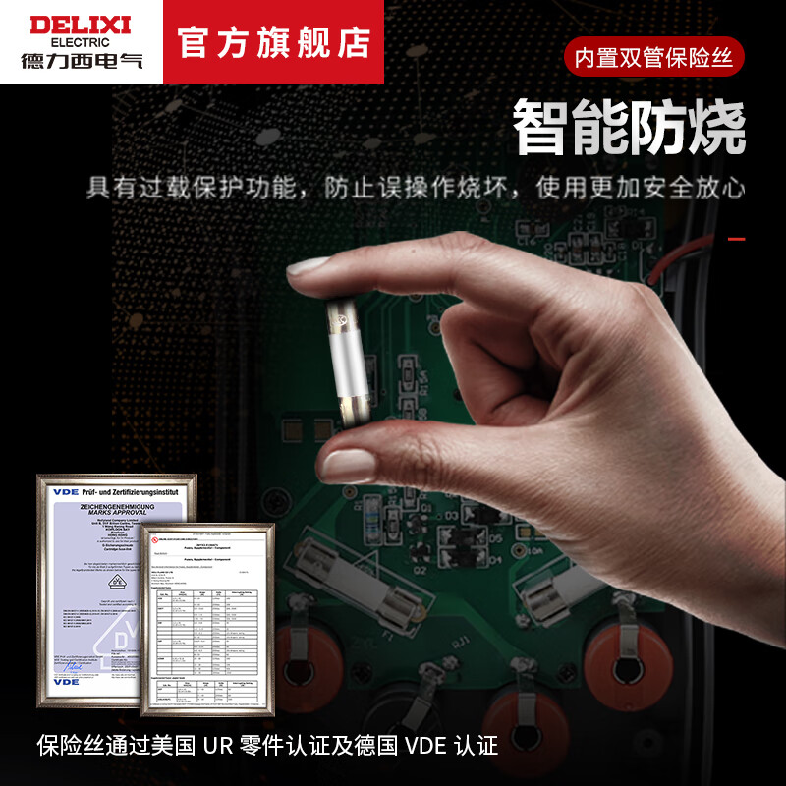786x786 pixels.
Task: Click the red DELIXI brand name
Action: [x=80, y=24]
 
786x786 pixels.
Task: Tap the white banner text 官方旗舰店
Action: [x=274, y=42]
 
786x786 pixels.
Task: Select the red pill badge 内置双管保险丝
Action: [x=654, y=58]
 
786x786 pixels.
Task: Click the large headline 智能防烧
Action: [x=629, y=128]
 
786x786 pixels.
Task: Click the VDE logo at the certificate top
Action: [x=66, y=489]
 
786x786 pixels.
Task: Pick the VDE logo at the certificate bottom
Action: [x=66, y=680]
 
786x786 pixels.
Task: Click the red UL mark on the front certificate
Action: [x=157, y=538]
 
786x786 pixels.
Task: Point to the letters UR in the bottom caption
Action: [x=216, y=745]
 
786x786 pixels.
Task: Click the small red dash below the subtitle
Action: [x=736, y=239]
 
